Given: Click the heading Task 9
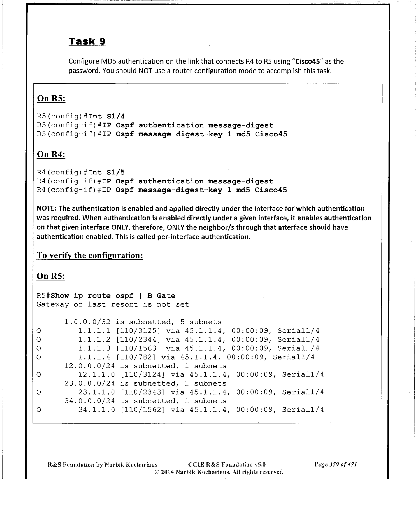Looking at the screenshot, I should (x=87, y=41).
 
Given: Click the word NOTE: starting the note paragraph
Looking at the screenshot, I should (x=47, y=209).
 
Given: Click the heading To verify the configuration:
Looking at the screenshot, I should (x=90, y=256).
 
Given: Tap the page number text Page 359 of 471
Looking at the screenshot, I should (x=336, y=465).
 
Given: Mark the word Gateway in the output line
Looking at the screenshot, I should (x=53, y=304).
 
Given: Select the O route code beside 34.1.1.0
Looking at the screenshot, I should (x=39, y=410).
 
